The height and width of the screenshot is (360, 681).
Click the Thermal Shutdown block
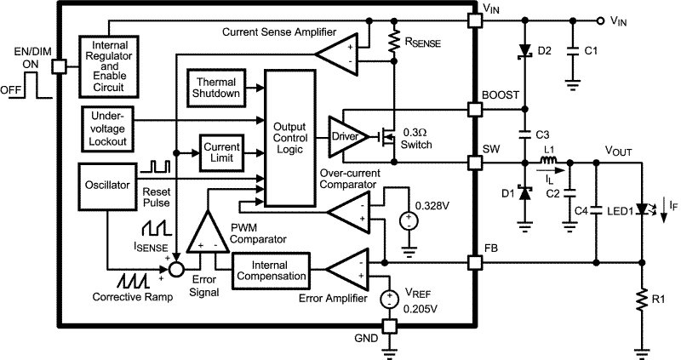point(215,86)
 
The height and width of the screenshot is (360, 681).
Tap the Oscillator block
point(107,183)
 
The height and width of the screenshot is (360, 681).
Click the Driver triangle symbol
point(346,136)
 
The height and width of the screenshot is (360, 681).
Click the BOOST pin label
point(500,96)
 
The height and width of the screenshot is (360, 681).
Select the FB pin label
point(491,250)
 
